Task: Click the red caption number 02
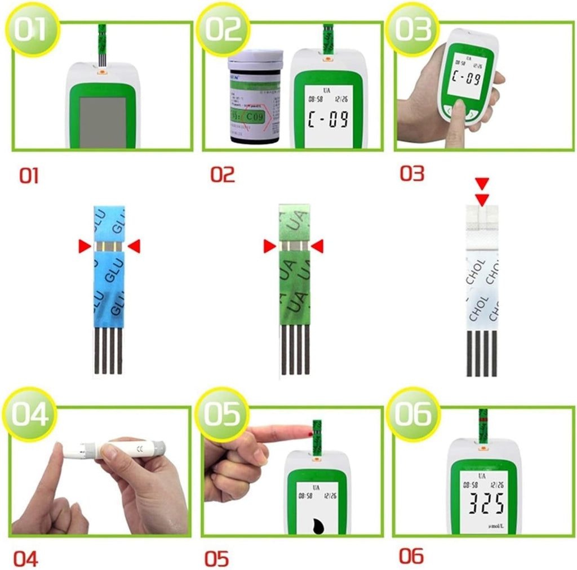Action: (223, 175)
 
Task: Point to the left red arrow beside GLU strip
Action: (84, 245)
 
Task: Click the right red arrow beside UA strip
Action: (318, 246)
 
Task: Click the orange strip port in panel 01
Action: (102, 71)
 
